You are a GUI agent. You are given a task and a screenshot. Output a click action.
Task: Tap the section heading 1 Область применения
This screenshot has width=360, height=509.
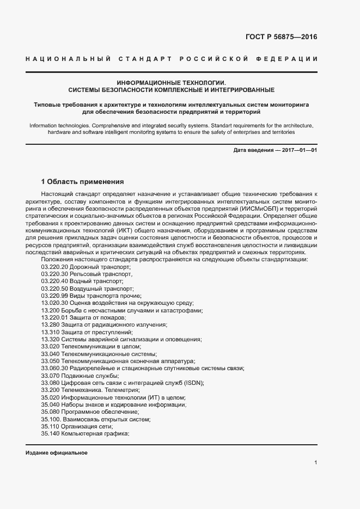[83, 181]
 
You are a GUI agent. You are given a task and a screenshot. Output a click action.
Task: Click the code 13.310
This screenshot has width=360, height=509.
[50, 332]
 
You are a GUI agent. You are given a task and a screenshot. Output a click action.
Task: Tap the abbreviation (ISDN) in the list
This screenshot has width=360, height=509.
[193, 383]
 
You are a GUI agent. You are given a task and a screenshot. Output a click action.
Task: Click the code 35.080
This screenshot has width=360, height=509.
[50, 412]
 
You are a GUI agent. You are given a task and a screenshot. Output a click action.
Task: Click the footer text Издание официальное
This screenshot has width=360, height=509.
[57, 453]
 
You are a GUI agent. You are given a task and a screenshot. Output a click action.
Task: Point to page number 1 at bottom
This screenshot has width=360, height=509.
[316, 463]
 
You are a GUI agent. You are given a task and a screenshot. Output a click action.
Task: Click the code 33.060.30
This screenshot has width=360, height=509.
[54, 368]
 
